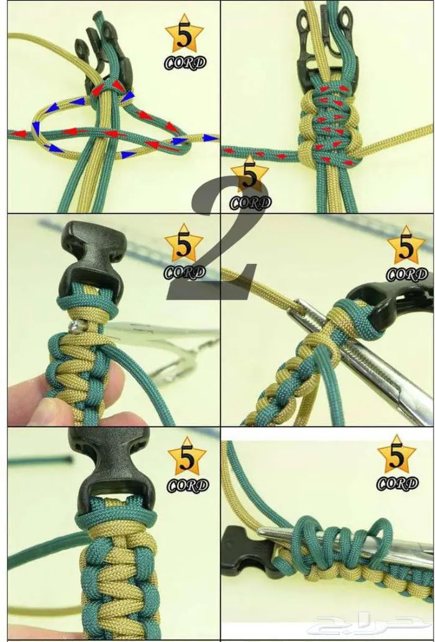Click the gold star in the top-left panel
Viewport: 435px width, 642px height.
(184, 35)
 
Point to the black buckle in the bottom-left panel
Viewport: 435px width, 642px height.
(111, 471)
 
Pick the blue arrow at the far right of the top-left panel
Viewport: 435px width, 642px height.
(211, 137)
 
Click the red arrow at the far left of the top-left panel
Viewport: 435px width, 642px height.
(21, 134)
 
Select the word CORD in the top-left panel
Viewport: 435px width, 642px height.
(185, 63)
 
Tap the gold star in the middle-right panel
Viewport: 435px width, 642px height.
(406, 245)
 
